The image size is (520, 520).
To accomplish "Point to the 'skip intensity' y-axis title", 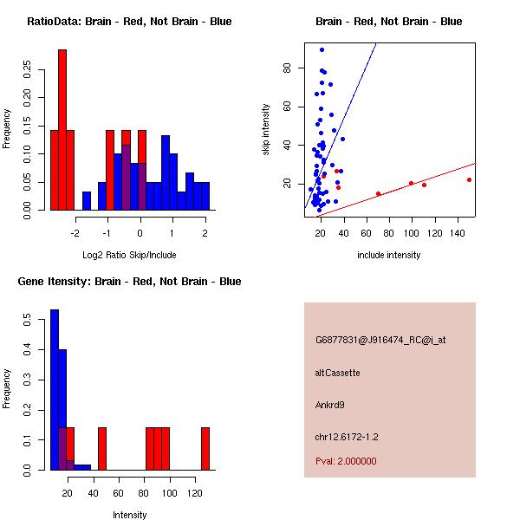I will click(x=266, y=130).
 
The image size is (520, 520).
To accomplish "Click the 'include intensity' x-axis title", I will click(x=388, y=255).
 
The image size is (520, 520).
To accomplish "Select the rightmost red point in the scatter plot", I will click(x=469, y=179).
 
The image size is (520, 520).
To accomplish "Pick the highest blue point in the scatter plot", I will click(x=322, y=49).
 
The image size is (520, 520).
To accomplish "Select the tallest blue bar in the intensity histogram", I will click(x=54, y=390).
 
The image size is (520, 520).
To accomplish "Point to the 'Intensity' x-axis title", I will click(x=130, y=515).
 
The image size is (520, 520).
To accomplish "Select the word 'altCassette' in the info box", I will click(x=338, y=373).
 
